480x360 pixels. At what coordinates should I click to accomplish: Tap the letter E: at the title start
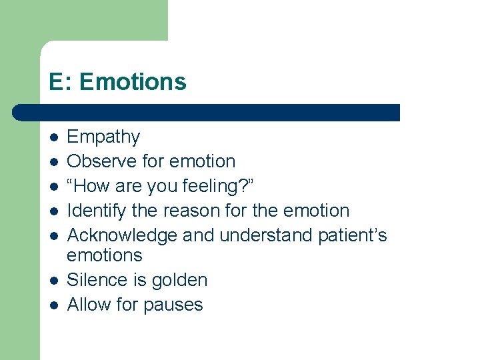pyautogui.click(x=61, y=82)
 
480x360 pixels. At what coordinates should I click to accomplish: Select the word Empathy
pyautogui.click(x=103, y=137)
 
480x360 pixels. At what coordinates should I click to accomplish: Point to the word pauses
pyautogui.click(x=174, y=305)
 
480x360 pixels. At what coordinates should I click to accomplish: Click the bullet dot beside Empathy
pyautogui.click(x=54, y=137)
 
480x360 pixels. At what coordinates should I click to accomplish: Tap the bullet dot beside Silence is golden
pyautogui.click(x=54, y=280)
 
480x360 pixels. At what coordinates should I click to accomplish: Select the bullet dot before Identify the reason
pyautogui.click(x=54, y=211)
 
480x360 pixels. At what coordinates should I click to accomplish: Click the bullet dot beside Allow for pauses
pyautogui.click(x=54, y=305)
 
